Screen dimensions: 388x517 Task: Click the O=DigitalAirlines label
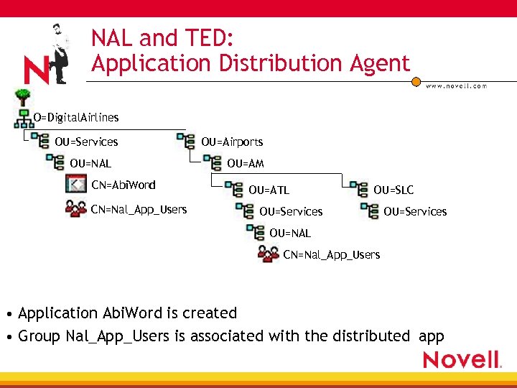tap(76, 117)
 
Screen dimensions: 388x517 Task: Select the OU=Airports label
tap(232, 142)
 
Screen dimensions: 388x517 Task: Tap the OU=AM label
tap(246, 164)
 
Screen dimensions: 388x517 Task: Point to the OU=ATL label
tap(269, 190)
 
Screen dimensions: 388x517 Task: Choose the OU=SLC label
tap(393, 190)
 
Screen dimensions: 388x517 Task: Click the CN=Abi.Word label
tap(124, 185)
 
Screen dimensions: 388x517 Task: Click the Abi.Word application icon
tap(75, 185)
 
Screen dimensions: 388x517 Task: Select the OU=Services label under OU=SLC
tap(415, 212)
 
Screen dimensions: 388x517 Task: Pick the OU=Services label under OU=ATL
tap(291, 212)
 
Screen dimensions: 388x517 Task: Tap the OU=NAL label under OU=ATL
tap(290, 233)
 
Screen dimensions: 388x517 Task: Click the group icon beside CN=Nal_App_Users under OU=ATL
tap(269, 254)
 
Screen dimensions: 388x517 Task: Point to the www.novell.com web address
tap(457, 86)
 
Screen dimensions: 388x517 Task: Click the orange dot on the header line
tap(416, 81)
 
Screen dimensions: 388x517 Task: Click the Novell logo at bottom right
tap(462, 359)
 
